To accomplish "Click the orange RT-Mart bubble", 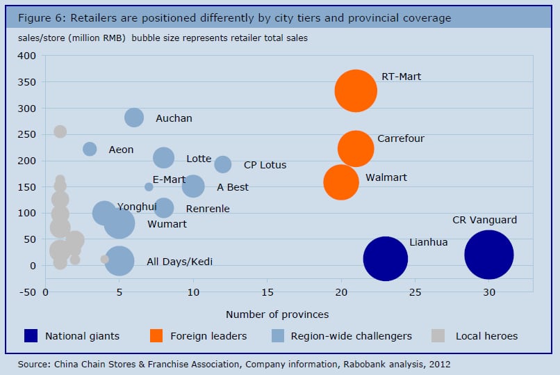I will tap(356, 90).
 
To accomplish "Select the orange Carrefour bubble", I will tap(356, 148).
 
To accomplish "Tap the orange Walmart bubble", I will tap(341, 182).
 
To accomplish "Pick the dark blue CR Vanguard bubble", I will tap(488, 255).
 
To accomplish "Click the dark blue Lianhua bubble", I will tap(385, 259).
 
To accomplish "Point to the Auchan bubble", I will tap(134, 118).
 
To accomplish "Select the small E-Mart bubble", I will tap(149, 186).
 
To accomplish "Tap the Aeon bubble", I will tap(90, 149).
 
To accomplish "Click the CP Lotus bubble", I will tap(222, 164).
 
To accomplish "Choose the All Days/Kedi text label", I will tap(179, 262).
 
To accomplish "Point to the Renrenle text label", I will tap(207, 209).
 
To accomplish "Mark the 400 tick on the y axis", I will tap(28, 56).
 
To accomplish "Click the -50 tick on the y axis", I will tap(28, 292).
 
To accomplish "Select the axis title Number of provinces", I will tap(277, 314).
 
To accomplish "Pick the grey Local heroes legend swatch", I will tap(438, 336).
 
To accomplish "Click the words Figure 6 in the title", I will tap(35, 17).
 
